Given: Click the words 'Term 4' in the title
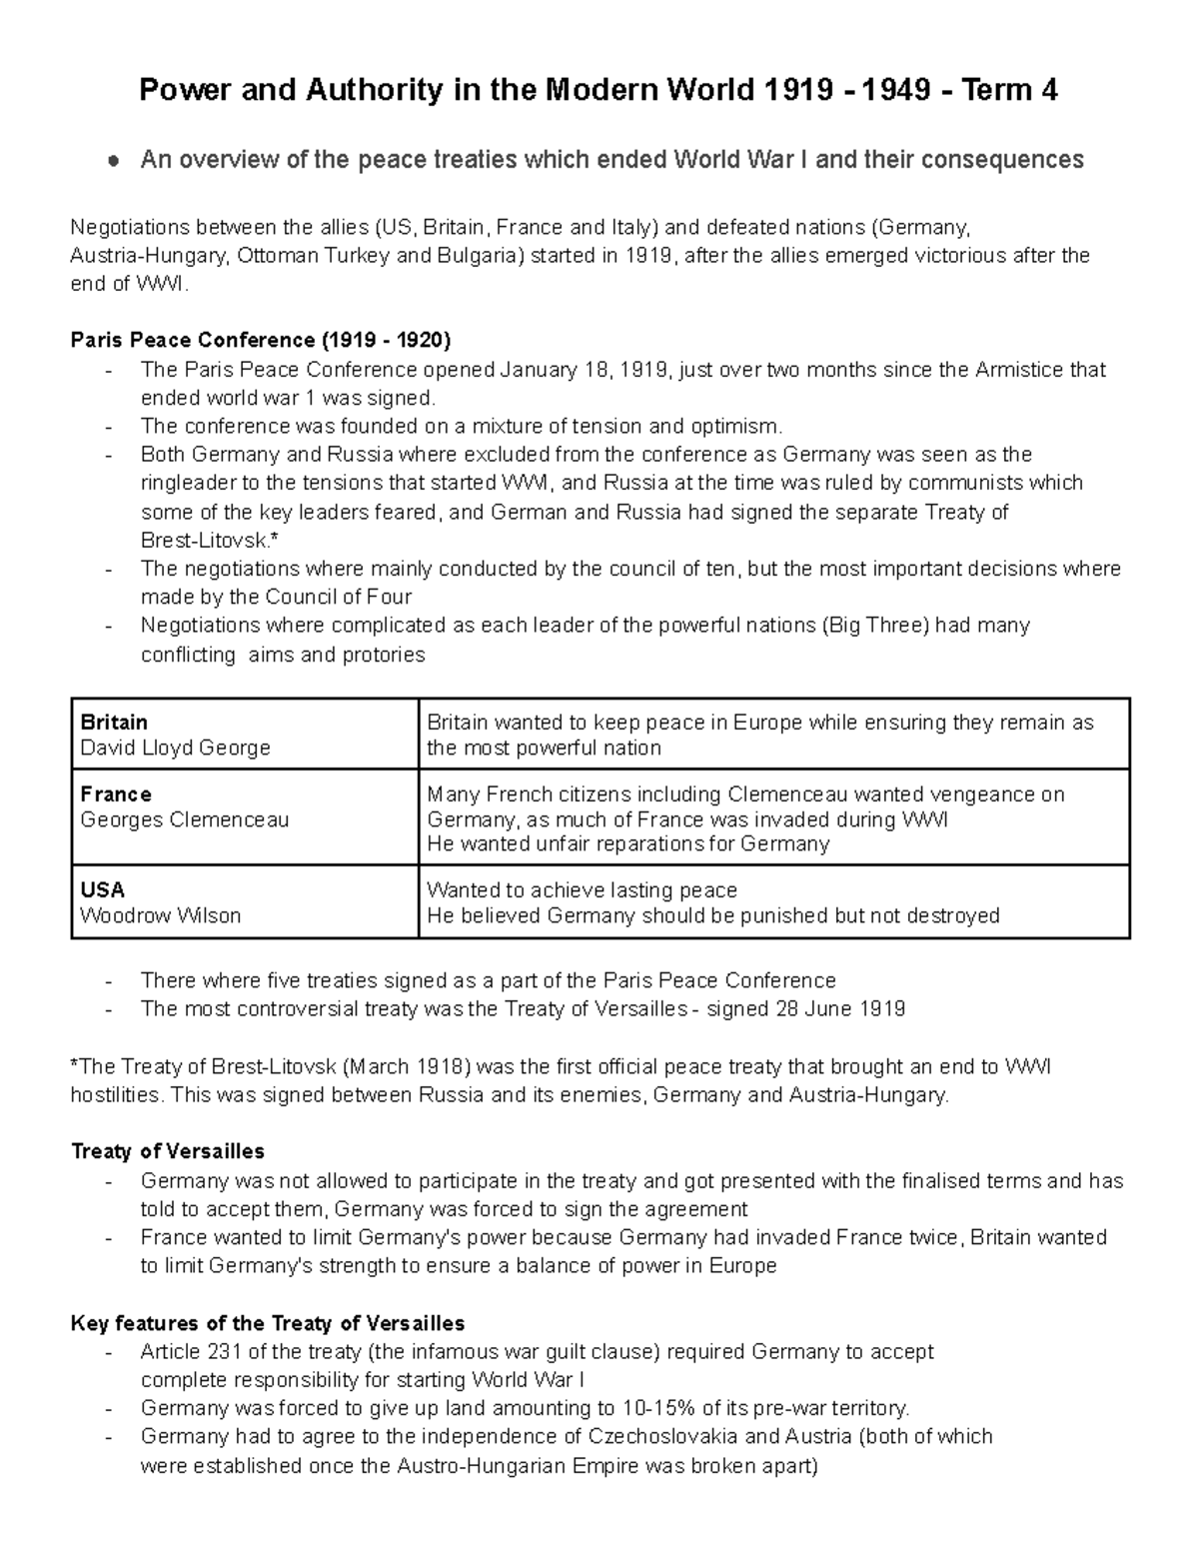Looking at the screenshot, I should (1009, 91).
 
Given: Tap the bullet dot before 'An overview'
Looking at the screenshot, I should (117, 160).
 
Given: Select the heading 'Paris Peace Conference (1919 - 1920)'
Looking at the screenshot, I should (261, 340).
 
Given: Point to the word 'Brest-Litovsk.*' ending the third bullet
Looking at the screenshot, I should (205, 541).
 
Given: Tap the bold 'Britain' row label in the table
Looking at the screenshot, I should (114, 722).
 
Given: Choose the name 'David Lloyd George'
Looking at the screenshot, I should (175, 748).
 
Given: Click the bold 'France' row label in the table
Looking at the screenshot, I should (116, 794).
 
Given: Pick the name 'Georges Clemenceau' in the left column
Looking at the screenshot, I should (185, 819).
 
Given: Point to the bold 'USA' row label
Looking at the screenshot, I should (103, 889).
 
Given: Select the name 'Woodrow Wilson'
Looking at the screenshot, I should (161, 915).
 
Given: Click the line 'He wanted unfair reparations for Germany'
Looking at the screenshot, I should (627, 844).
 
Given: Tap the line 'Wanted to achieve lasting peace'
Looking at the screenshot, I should (582, 889).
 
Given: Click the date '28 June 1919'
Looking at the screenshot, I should (840, 1008).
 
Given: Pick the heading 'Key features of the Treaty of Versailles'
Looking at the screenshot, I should (268, 1324).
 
